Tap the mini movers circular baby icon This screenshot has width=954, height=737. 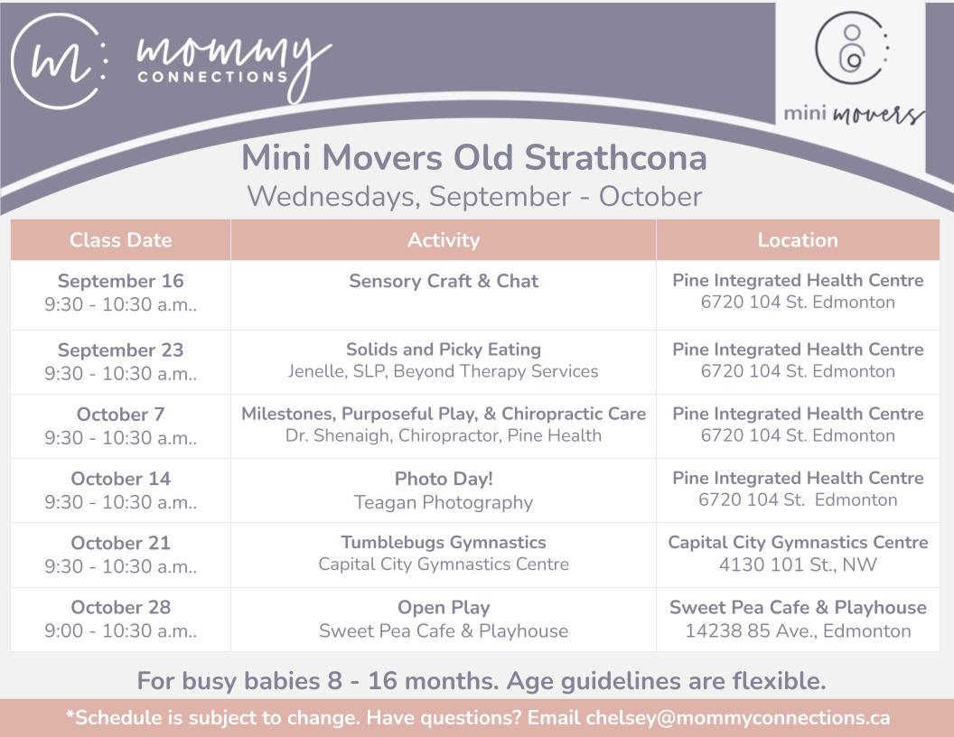click(x=852, y=48)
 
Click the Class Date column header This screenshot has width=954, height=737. click(x=120, y=240)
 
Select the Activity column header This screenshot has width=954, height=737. click(x=444, y=240)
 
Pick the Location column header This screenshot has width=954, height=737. click(x=798, y=240)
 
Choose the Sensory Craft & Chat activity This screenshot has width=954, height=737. click(x=444, y=281)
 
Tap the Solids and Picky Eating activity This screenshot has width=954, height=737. click(x=444, y=350)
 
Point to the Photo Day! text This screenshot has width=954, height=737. click(x=444, y=480)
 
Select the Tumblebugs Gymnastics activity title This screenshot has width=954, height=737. click(x=444, y=543)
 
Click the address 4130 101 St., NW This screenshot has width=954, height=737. click(x=798, y=564)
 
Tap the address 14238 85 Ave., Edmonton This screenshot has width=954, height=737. click(x=798, y=631)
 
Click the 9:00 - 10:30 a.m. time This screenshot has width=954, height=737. click(x=120, y=631)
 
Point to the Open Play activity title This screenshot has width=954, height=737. click(x=444, y=608)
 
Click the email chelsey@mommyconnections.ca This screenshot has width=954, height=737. click(x=738, y=718)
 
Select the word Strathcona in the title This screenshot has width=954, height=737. click(x=616, y=158)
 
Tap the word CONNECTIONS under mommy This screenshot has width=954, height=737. click(x=212, y=77)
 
